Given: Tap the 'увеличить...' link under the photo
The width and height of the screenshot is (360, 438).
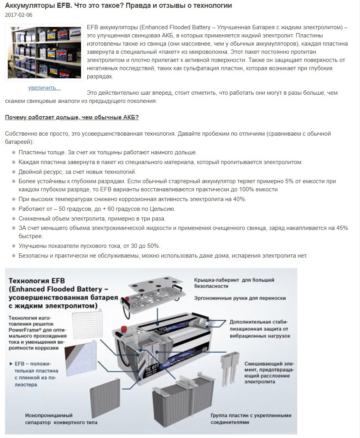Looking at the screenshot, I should point(44,88).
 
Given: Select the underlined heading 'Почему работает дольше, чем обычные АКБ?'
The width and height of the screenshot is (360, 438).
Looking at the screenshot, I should point(72,117).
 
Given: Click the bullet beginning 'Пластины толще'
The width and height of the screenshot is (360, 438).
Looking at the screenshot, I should point(108,152).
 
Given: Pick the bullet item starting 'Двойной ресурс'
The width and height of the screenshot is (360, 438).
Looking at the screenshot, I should point(77,171).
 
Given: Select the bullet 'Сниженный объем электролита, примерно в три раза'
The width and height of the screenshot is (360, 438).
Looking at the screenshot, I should point(92,218).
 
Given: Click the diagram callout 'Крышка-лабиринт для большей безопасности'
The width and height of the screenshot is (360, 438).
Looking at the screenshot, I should point(234,283).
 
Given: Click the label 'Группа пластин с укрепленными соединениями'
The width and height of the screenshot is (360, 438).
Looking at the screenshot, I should point(251,419).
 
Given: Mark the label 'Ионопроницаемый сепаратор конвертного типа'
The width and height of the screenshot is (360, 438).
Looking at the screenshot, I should point(61,419).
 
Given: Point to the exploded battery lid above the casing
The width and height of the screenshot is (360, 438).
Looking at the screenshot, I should point(154,292).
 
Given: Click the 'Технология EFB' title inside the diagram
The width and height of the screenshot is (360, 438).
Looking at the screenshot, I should point(37,281).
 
